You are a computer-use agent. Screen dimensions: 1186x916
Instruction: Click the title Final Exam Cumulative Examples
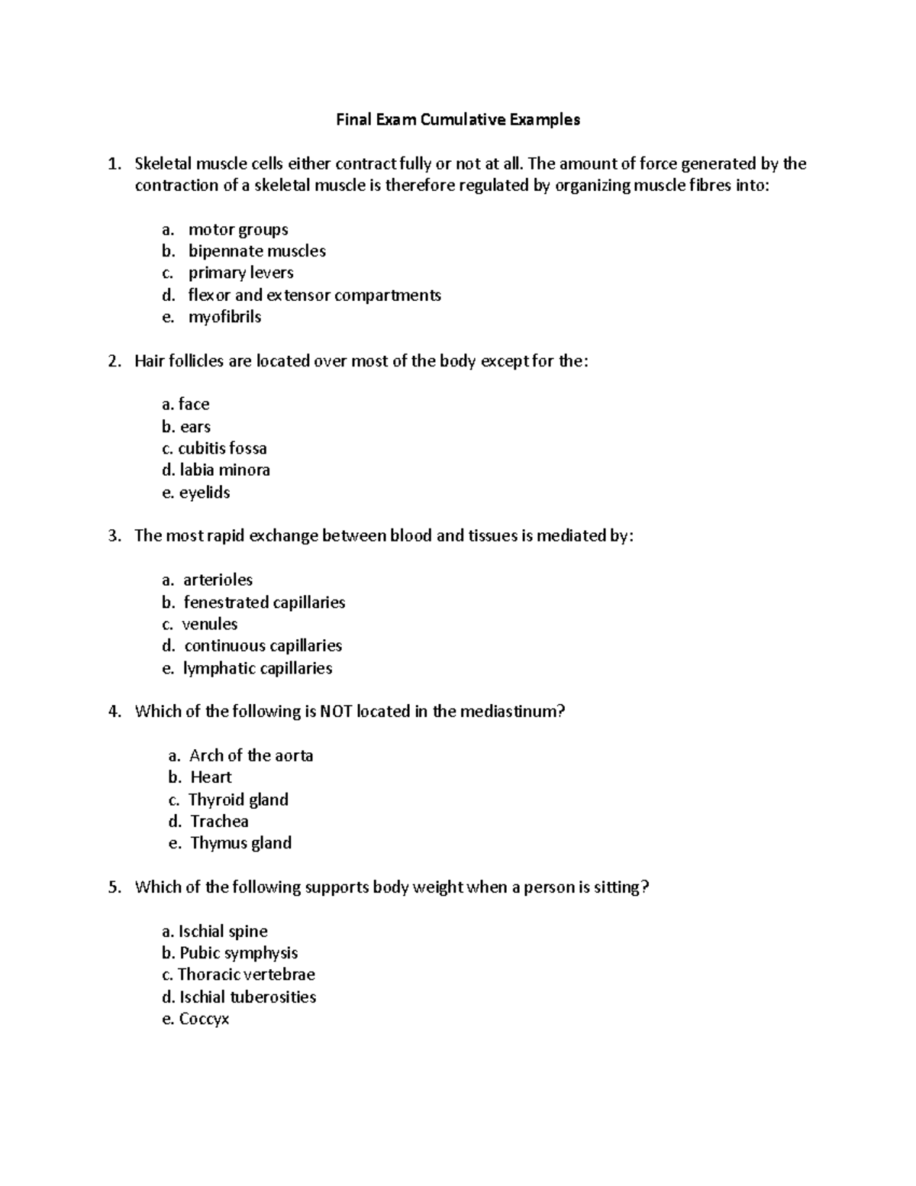click(458, 119)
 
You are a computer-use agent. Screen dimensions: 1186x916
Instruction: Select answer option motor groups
click(238, 229)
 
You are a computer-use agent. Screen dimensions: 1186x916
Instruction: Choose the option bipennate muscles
click(256, 251)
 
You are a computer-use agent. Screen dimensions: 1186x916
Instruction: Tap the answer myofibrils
click(224, 317)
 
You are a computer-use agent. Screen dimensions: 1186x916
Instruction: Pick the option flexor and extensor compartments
click(314, 295)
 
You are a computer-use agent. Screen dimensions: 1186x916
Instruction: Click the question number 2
click(114, 360)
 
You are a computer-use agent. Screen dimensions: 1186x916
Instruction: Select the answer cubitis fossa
click(222, 448)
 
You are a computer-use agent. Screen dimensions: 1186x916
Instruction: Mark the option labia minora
click(224, 470)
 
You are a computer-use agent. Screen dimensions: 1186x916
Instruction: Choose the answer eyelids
click(204, 493)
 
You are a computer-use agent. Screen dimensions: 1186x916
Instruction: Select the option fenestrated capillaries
click(264, 603)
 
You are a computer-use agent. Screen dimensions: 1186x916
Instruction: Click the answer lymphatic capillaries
click(257, 668)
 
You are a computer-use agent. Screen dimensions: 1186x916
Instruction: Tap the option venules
click(210, 624)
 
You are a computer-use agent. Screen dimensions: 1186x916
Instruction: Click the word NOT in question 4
click(336, 712)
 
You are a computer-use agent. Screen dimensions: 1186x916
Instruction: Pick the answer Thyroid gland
click(238, 800)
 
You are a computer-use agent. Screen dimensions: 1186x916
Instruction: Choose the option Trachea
click(219, 821)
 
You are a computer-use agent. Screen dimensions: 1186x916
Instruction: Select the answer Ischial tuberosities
click(247, 997)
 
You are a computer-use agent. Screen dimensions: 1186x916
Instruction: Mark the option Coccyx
click(203, 1019)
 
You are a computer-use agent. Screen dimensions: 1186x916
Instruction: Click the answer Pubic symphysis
click(238, 953)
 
